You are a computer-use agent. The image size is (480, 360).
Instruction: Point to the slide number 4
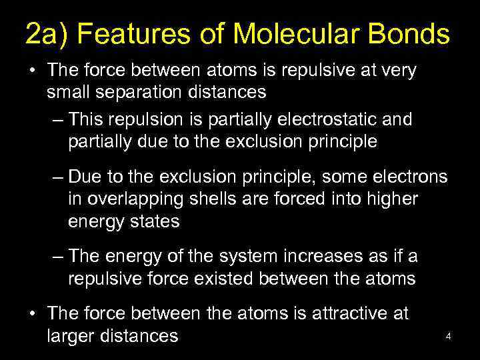pyautogui.click(x=449, y=337)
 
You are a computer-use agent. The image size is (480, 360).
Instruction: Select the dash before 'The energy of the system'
pyautogui.click(x=57, y=256)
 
